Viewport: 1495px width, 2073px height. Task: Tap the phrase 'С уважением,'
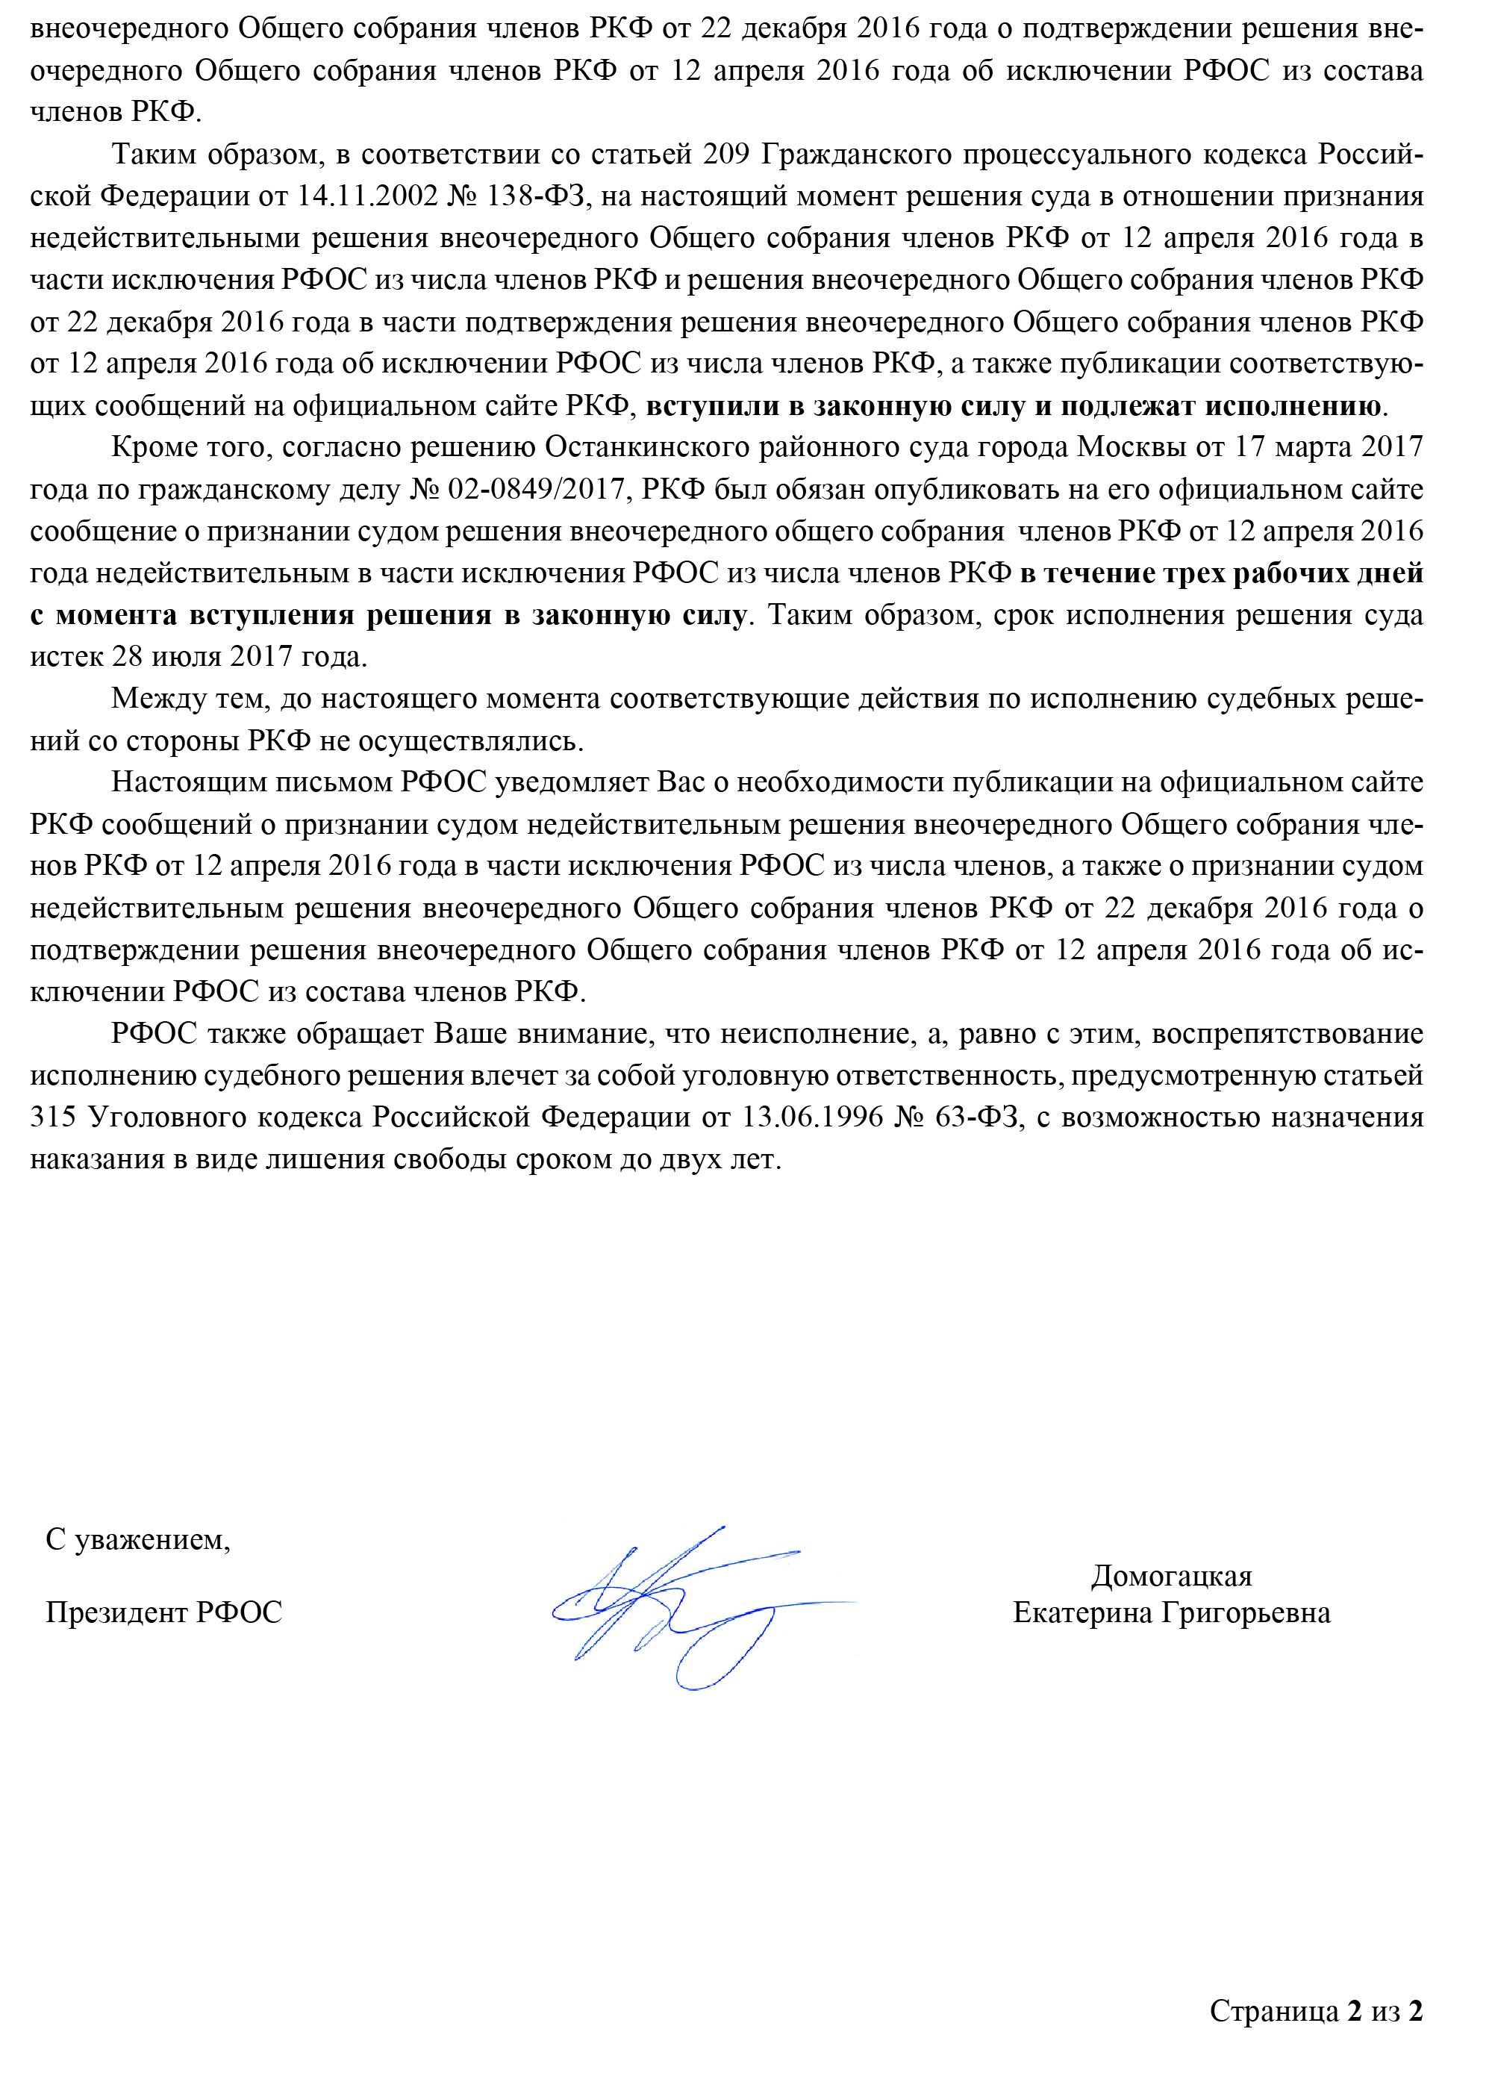click(x=138, y=1540)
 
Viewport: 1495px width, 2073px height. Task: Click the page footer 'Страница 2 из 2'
click(x=1316, y=2011)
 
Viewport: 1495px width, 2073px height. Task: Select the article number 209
click(x=726, y=155)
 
